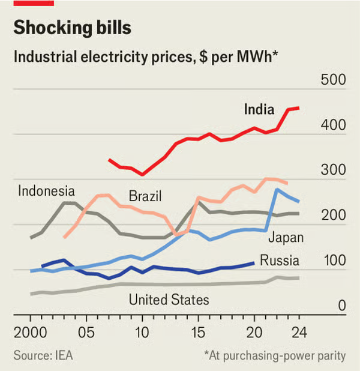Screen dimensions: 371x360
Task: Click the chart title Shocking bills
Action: click(73, 28)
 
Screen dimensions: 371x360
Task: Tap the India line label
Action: click(259, 109)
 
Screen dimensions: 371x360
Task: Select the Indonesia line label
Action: click(46, 192)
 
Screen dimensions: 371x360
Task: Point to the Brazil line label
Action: click(145, 196)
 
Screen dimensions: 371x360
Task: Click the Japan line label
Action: click(286, 237)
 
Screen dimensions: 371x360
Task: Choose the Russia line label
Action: click(279, 261)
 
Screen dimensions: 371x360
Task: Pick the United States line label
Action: click(169, 300)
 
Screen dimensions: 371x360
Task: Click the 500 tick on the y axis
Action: click(334, 80)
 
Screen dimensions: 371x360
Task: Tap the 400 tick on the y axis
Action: click(334, 125)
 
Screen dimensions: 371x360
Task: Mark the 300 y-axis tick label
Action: click(334, 170)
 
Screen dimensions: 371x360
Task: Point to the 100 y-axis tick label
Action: click(334, 261)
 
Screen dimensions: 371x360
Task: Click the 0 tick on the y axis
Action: click(341, 306)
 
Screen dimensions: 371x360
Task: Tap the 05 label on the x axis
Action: click(86, 332)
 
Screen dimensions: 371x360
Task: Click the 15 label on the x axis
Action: click(199, 332)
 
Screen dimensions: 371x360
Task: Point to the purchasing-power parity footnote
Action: click(275, 355)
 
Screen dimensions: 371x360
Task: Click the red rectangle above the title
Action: click(34, 3)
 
